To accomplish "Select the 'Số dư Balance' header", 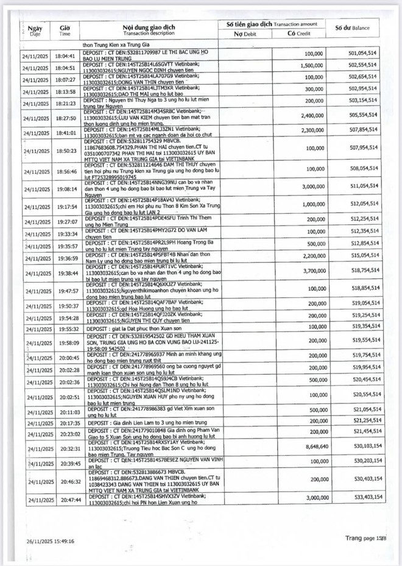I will pyautogui.click(x=359, y=28).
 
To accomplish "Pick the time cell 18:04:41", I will pyautogui.click(x=65, y=55).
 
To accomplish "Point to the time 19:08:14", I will pyautogui.click(x=65, y=189).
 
